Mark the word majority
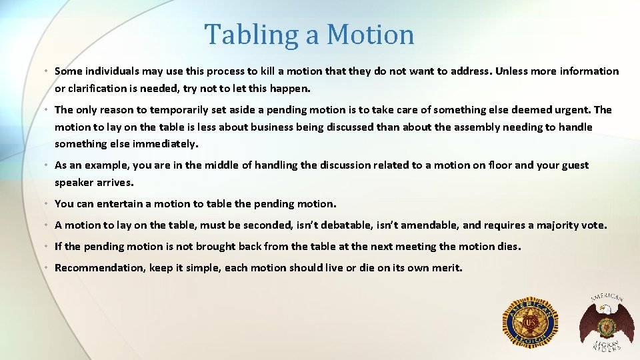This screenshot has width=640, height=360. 557,225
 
